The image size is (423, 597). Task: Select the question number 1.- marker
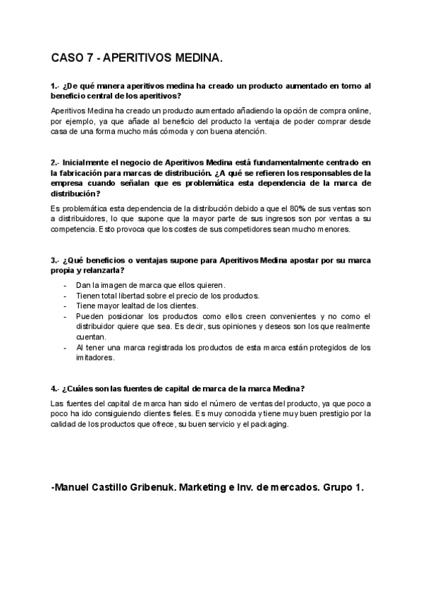pyautogui.click(x=56, y=86)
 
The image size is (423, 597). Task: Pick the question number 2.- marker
pyautogui.click(x=56, y=163)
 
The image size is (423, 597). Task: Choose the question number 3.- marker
pyautogui.click(x=56, y=260)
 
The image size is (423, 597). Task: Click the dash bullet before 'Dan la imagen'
pyautogui.click(x=65, y=285)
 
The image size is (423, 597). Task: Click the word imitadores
pyautogui.click(x=94, y=358)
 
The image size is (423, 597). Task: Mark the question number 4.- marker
pyautogui.click(x=56, y=389)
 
